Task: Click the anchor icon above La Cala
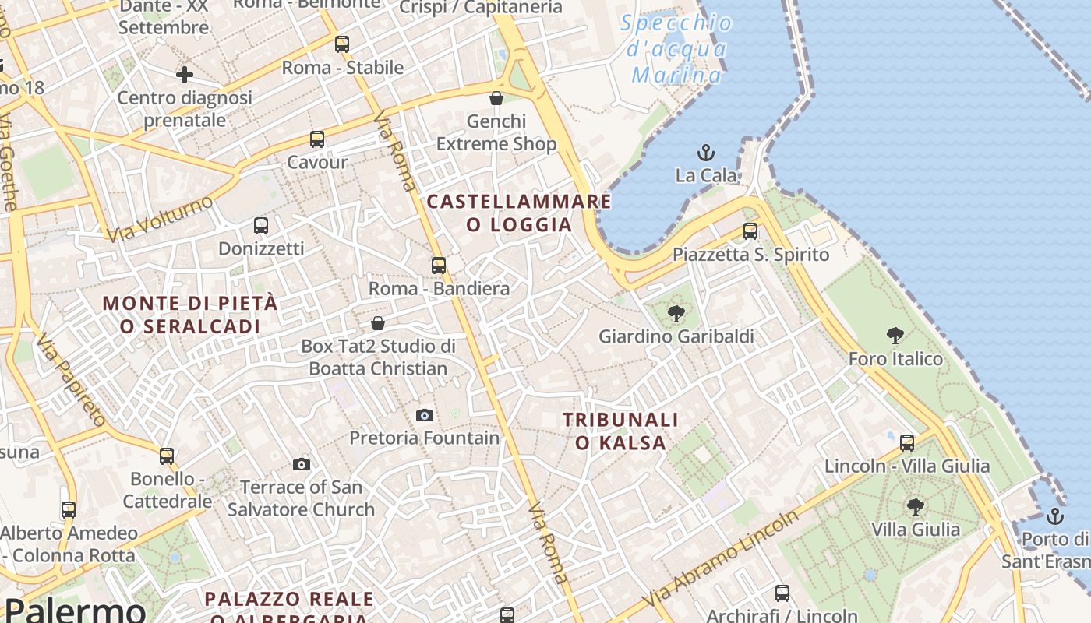(x=706, y=153)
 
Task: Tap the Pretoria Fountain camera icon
(x=425, y=415)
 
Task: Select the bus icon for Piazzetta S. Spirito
(x=750, y=231)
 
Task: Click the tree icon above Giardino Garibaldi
(x=676, y=314)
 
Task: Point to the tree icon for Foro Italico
(x=895, y=336)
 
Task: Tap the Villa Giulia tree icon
(x=916, y=507)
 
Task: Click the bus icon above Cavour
(x=317, y=139)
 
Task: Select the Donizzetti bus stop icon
(x=261, y=226)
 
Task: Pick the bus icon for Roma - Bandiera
(x=439, y=266)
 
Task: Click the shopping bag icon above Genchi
(x=496, y=98)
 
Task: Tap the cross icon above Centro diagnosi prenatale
(x=185, y=75)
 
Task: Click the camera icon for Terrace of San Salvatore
(x=302, y=465)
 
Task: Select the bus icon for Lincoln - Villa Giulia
(x=907, y=443)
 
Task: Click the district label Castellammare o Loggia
(x=519, y=213)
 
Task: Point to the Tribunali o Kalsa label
(x=620, y=431)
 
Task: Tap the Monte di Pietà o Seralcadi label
(x=190, y=314)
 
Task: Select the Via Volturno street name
(x=160, y=219)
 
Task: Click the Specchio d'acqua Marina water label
(x=677, y=48)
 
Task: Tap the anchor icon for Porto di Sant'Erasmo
(x=1054, y=516)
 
